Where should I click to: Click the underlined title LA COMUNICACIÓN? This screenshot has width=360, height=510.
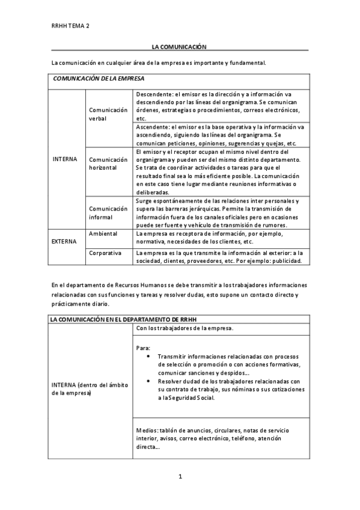pyautogui.click(x=179, y=46)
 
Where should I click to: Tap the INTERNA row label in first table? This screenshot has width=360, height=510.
pyautogui.click(x=65, y=159)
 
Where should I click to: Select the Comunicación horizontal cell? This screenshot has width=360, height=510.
pyautogui.click(x=108, y=163)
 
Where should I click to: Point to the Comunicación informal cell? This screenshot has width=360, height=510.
pyautogui.click(x=108, y=212)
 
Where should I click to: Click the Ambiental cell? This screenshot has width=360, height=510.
pyautogui.click(x=103, y=233)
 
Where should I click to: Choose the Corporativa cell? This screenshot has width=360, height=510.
pyautogui.click(x=105, y=253)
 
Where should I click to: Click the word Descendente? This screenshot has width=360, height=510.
pyautogui.click(x=153, y=94)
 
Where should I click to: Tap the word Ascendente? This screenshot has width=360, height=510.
pyautogui.click(x=152, y=127)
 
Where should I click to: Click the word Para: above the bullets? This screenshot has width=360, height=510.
pyautogui.click(x=144, y=347)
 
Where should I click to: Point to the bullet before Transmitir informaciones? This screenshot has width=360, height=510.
pyautogui.click(x=148, y=356)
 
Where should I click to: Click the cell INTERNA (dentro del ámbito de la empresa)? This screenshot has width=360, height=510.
pyautogui.click(x=89, y=389)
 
